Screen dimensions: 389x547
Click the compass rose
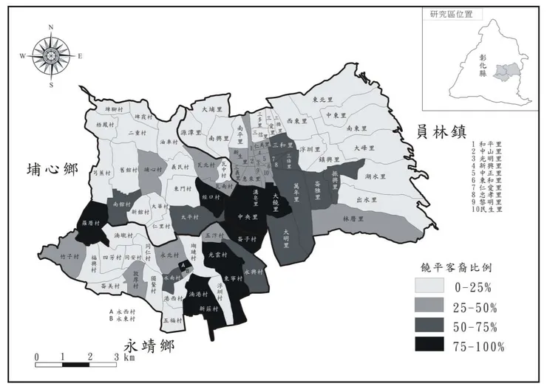[51, 56]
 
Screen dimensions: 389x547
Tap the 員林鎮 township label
[441, 133]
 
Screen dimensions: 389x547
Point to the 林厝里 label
[355, 219]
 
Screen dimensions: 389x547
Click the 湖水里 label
[376, 176]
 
